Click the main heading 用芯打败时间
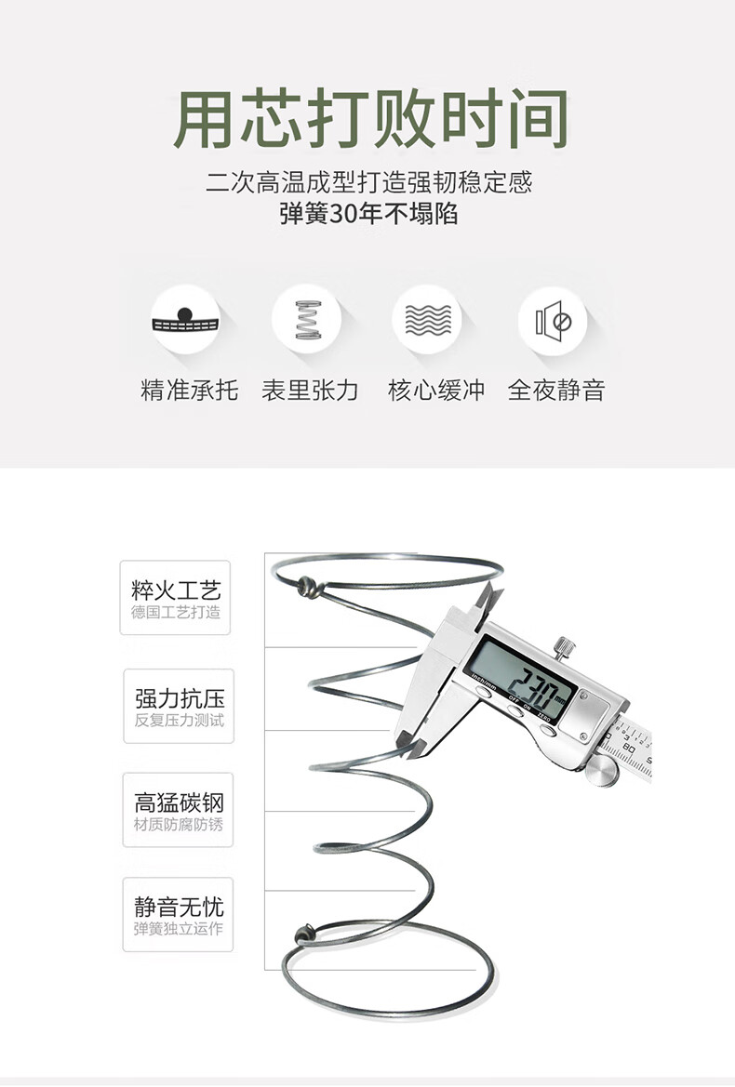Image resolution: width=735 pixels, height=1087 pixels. (x=370, y=119)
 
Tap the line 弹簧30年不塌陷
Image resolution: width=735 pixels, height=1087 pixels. (x=368, y=214)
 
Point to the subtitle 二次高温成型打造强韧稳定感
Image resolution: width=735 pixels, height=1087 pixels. (x=368, y=182)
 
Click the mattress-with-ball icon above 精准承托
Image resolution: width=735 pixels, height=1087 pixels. (x=185, y=320)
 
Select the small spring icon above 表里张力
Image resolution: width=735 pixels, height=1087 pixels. (x=308, y=320)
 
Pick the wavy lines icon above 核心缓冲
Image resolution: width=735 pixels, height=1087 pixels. (x=428, y=320)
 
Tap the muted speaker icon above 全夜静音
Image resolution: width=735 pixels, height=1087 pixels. (x=553, y=321)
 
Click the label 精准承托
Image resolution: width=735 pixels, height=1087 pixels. (x=189, y=390)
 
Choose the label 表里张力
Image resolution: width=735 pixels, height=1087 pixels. (x=310, y=390)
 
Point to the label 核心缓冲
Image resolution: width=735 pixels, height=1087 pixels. (x=436, y=390)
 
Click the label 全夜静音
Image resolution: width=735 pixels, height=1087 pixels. (x=556, y=390)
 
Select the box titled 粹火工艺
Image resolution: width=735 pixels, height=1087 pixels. (x=176, y=598)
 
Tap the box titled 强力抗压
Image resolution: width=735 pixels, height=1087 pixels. (x=179, y=707)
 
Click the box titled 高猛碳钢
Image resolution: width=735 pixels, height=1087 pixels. (x=179, y=810)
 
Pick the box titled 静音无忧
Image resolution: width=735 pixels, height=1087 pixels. (x=179, y=914)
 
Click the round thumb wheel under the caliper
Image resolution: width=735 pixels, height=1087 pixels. (x=602, y=770)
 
